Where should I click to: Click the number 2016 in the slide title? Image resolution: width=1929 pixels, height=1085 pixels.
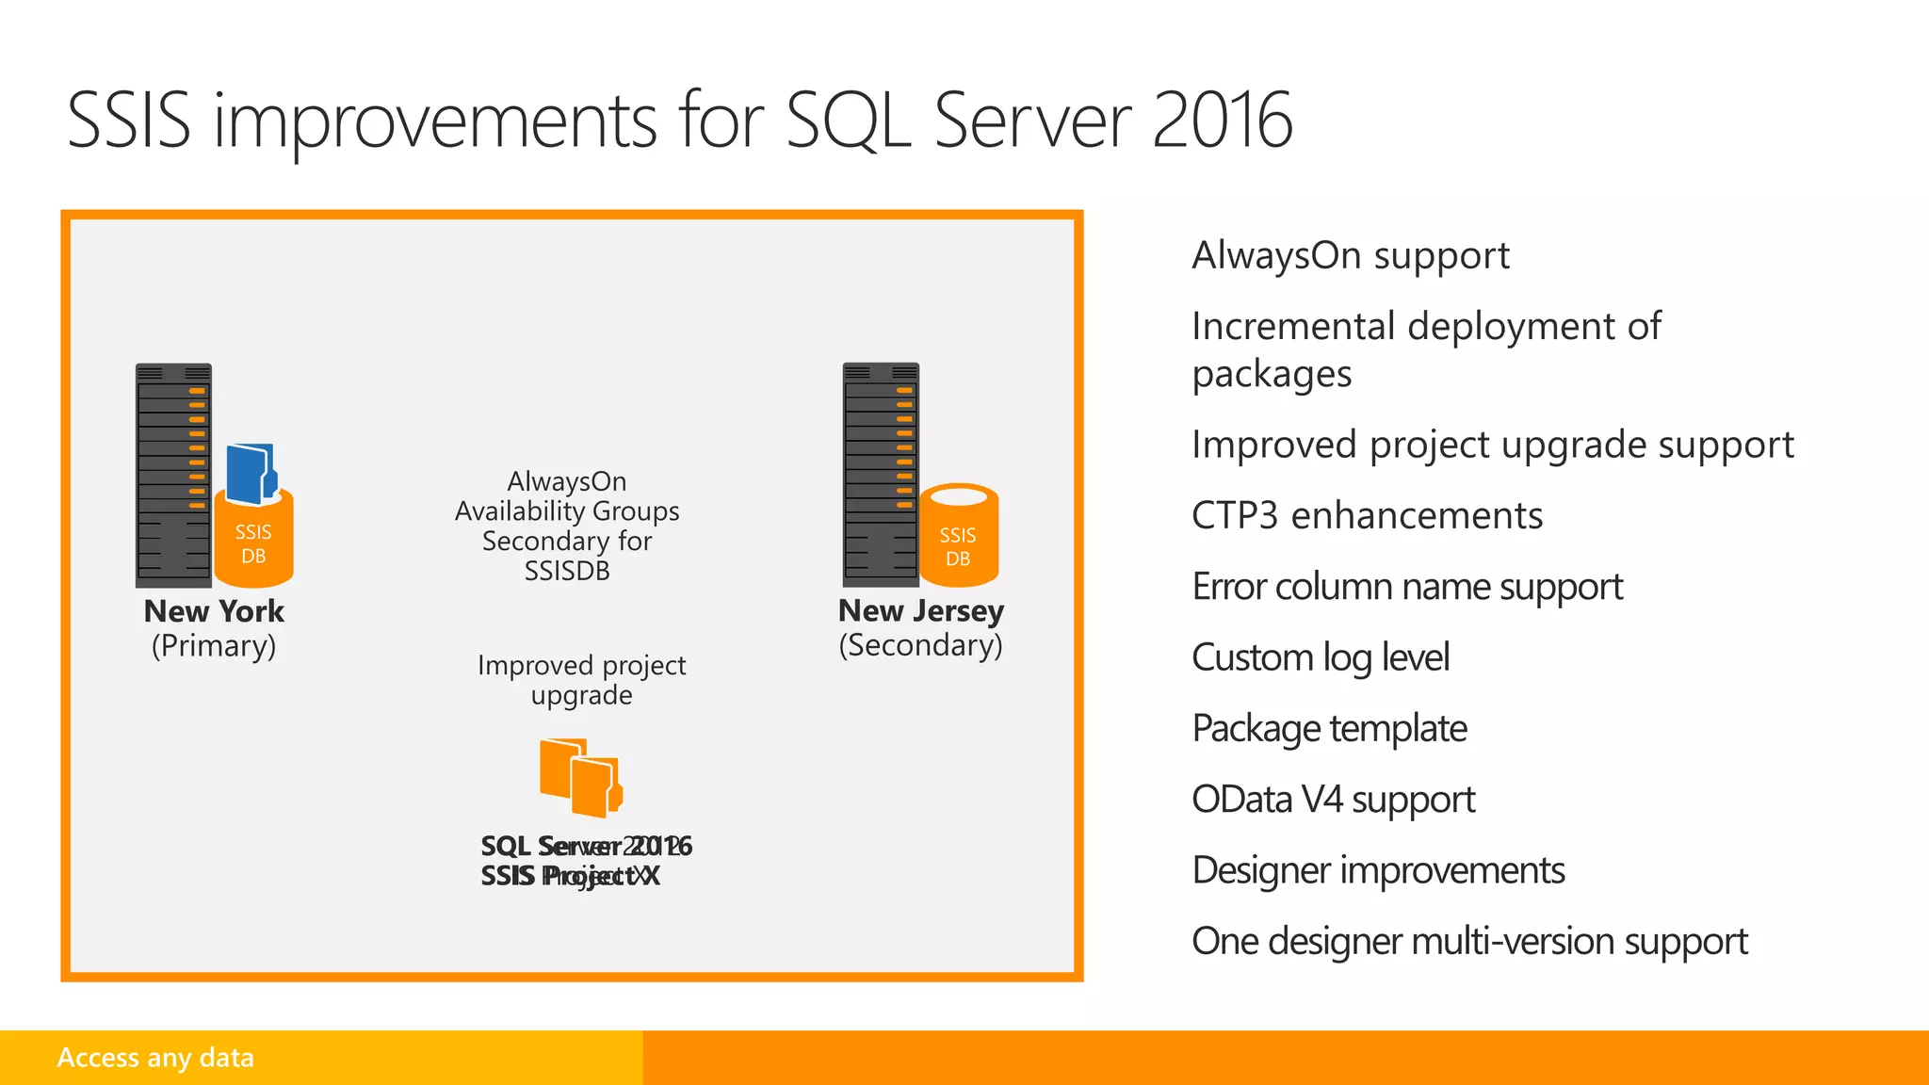(1222, 120)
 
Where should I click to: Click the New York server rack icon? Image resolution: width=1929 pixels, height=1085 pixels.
(173, 475)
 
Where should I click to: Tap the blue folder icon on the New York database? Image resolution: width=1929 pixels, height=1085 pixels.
(251, 474)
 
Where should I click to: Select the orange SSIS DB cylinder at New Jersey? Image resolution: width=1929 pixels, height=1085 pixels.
(958, 537)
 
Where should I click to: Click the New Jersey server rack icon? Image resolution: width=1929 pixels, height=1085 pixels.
(880, 475)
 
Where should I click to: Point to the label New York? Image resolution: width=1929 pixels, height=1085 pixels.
(214, 611)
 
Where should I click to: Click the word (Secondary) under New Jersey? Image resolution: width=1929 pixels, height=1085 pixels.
(920, 646)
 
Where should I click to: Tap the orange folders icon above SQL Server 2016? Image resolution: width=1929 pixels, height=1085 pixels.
(580, 777)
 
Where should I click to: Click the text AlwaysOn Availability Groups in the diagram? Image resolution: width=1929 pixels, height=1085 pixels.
(567, 496)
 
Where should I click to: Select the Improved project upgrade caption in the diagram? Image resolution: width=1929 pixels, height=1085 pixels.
(581, 680)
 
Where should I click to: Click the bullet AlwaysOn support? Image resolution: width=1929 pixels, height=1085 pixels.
(1350, 255)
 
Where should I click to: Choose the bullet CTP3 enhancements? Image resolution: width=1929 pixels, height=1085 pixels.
(1366, 515)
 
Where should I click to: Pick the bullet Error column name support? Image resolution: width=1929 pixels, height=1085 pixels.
(1407, 587)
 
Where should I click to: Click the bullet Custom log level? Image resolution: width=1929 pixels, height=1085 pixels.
(1320, 657)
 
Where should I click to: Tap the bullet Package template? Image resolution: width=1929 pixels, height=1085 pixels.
(1329, 729)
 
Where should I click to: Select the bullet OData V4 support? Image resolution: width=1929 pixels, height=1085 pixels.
(1333, 800)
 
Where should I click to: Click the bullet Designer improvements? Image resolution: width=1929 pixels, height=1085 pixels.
(1378, 870)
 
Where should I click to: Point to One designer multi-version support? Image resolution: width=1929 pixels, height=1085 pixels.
(1469, 941)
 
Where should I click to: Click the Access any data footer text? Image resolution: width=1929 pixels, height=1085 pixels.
(155, 1058)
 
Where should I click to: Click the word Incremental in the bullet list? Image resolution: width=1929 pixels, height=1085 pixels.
(1292, 327)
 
